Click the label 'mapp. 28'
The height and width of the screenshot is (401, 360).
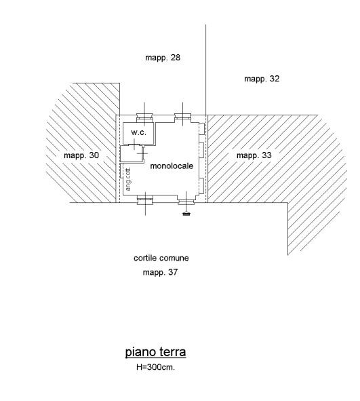[x=163, y=58]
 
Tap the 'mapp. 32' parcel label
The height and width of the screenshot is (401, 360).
[x=262, y=79]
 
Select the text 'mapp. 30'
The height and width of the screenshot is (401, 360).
[x=81, y=155]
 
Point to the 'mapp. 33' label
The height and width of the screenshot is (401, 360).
[x=254, y=155]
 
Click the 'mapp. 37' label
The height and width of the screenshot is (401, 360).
[x=160, y=272]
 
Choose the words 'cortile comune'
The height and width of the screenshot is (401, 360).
[x=161, y=258]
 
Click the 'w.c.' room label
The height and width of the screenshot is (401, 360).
[x=138, y=132]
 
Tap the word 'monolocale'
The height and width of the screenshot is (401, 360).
[x=172, y=166]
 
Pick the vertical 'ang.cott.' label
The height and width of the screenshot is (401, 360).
[x=128, y=178]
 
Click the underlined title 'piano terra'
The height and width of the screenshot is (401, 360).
[x=155, y=352]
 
